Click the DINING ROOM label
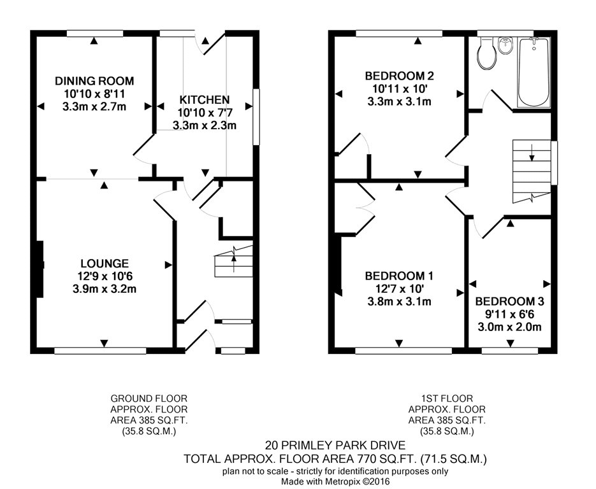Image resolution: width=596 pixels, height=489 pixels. [94, 81]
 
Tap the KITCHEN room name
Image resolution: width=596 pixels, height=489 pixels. [205, 99]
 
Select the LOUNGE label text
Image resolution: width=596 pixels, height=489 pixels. [105, 263]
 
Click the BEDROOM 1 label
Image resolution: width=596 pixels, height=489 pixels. [399, 276]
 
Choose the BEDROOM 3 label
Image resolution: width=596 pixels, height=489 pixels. [509, 301]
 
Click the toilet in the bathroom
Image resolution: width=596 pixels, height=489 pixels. [487, 53]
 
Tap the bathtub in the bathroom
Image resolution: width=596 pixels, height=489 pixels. [534, 72]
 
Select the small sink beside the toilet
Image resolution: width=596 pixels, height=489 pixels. [505, 46]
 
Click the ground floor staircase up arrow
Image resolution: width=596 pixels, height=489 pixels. [233, 264]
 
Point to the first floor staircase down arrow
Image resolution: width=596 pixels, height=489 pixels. [532, 152]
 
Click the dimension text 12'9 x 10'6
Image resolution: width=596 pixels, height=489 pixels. [105, 276]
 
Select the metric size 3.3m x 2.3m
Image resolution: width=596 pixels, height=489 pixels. [205, 125]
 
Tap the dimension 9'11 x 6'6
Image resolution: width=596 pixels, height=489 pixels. [509, 315]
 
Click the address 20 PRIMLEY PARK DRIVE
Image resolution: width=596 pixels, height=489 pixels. [335, 445]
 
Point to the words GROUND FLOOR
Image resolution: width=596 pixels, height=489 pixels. [149, 399]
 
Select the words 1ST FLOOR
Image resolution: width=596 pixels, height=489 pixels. [447, 399]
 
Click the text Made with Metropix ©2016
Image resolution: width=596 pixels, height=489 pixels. [336, 481]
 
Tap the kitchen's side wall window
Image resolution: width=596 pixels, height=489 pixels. [257, 117]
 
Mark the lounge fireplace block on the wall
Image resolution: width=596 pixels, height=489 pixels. [40, 269]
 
